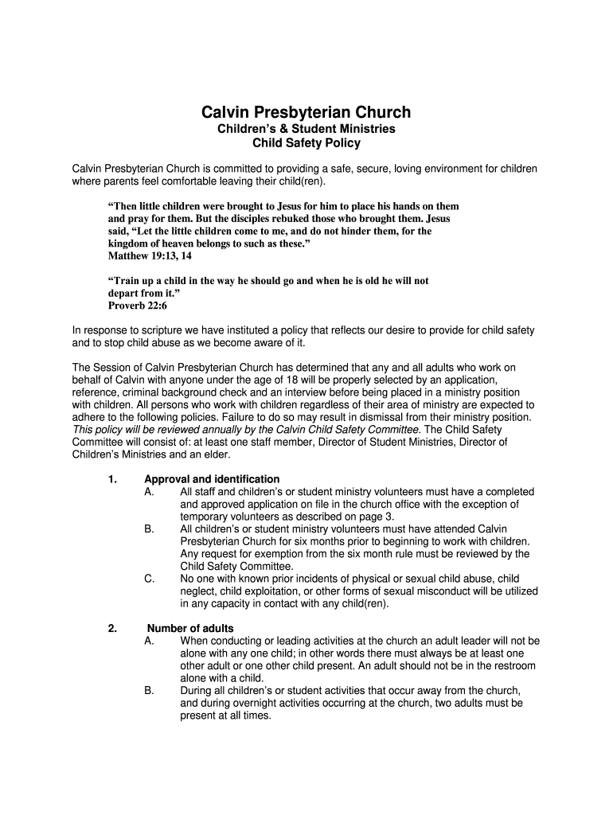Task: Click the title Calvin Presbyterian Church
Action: point(306,112)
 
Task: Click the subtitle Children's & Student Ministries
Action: point(306,129)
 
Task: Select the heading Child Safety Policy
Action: point(306,143)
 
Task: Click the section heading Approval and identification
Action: point(212,479)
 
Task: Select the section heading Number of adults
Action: point(190,628)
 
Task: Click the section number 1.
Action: point(111,479)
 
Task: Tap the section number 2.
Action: point(111,628)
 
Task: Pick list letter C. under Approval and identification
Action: point(150,579)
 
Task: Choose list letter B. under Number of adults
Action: point(150,690)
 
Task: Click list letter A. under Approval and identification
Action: point(150,492)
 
